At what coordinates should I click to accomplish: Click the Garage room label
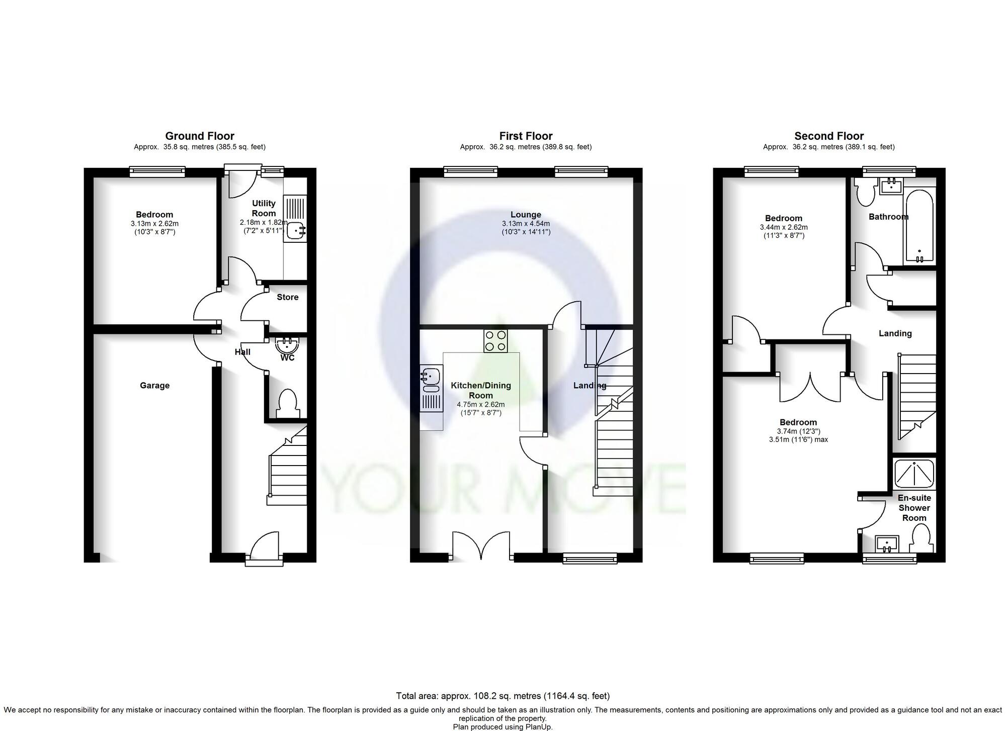pos(154,386)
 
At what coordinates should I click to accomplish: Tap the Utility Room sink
pos(297,231)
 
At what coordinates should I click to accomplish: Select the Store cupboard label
pos(287,297)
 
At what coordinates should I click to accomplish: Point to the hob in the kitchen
pos(495,341)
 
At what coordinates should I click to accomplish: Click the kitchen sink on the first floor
pos(431,380)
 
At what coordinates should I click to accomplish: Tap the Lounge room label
pos(526,215)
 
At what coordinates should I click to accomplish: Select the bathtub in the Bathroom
pos(919,226)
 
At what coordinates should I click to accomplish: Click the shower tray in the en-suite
pos(914,473)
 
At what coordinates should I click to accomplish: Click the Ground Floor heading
pos(200,136)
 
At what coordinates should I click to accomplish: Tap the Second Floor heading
pos(828,136)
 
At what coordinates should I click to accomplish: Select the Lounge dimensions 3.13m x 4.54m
pos(526,224)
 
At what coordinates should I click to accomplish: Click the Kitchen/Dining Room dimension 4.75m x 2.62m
pos(480,404)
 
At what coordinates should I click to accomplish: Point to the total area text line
pos(502,696)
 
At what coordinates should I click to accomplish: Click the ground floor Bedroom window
pos(157,172)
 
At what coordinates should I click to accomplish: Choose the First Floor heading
pos(526,136)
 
